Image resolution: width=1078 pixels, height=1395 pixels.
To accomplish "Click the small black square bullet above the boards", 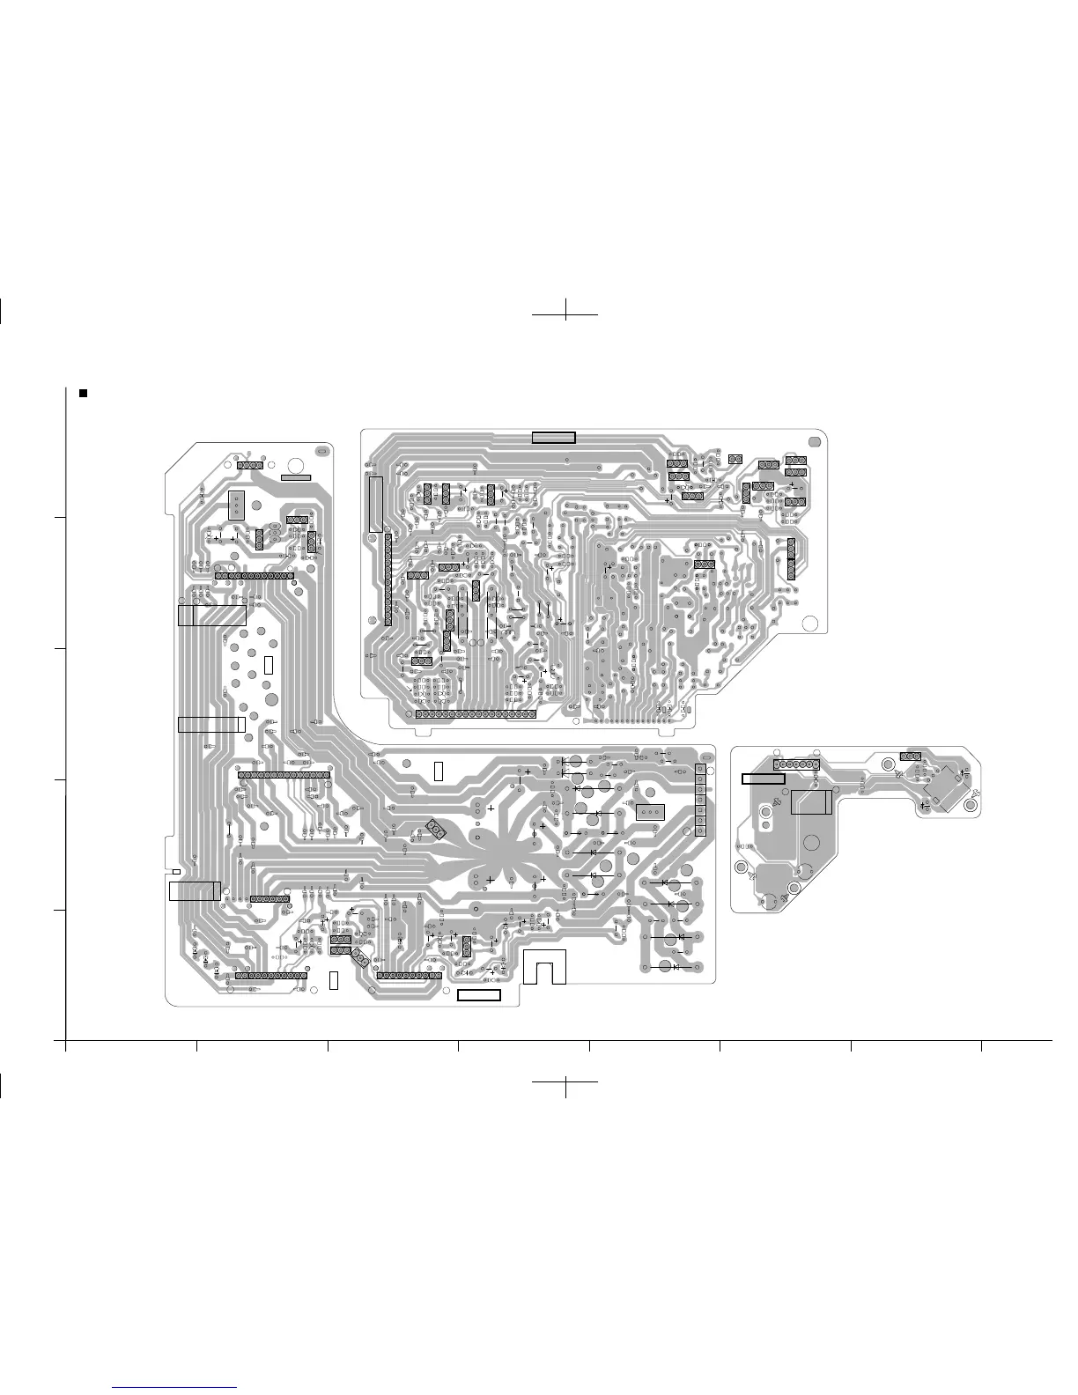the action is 83,393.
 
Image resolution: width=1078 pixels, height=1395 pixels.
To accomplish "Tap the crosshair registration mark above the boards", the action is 565,313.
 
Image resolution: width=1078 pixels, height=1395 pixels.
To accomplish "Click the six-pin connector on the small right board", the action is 796,764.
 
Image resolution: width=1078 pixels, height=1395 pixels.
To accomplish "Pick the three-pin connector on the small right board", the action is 910,757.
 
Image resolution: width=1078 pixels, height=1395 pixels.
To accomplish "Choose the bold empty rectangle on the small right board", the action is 763,779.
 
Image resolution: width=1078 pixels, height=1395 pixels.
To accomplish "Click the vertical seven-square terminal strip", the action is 700,800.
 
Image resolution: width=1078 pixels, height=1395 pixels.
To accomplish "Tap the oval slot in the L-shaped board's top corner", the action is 321,451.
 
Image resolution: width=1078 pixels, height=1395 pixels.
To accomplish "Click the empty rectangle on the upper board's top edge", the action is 553,438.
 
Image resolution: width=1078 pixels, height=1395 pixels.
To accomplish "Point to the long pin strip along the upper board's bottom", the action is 475,713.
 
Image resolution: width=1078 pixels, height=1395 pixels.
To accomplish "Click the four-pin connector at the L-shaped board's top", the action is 250,464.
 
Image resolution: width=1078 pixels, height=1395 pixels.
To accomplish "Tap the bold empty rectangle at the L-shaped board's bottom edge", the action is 479,995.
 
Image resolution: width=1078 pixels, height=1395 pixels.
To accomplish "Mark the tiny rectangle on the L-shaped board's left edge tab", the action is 176,872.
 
